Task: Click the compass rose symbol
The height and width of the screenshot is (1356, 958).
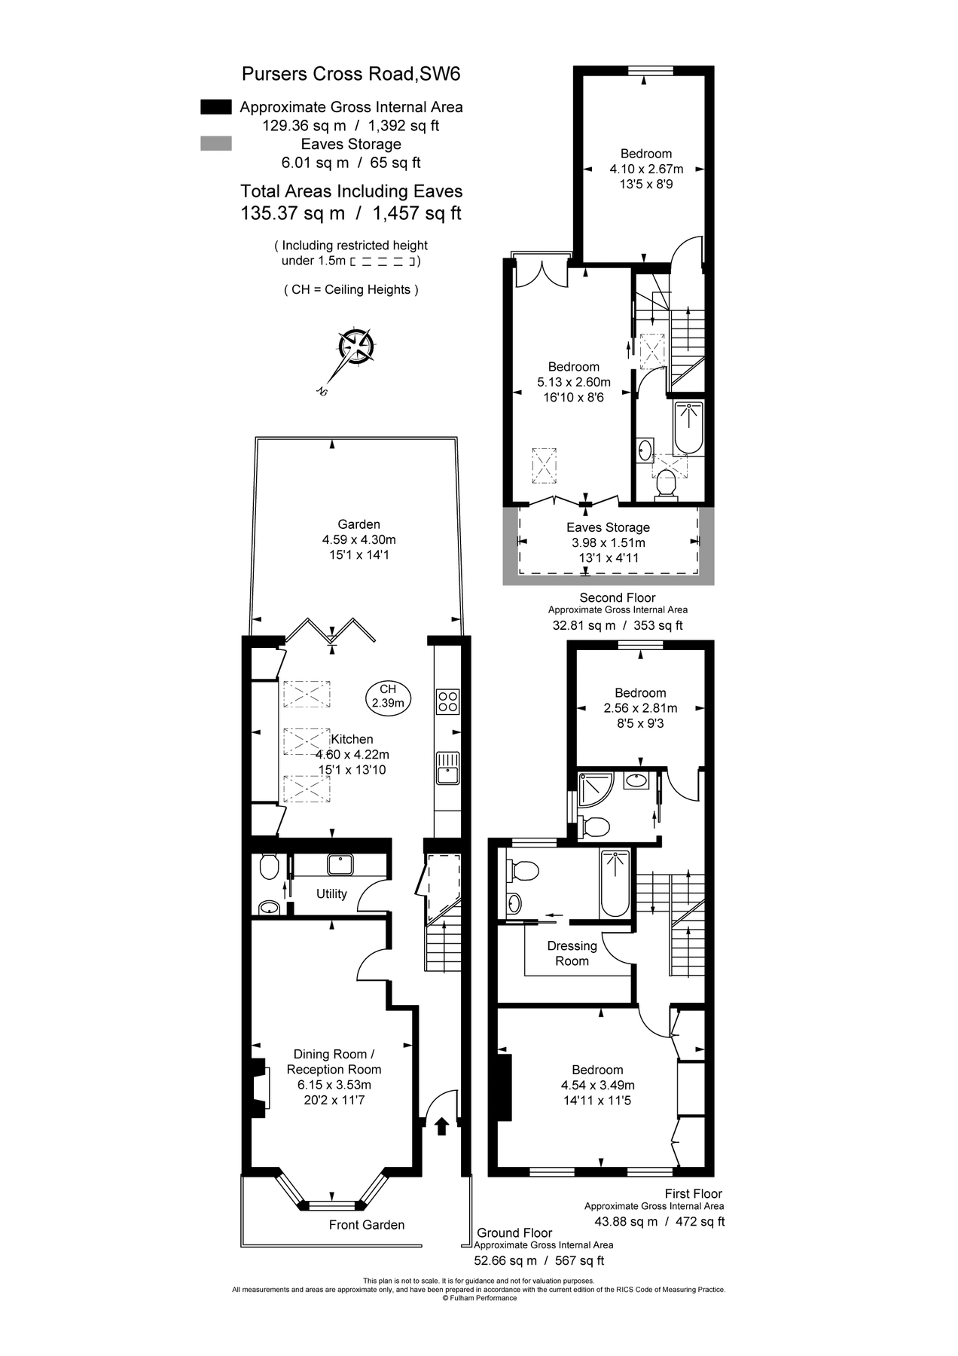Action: point(355,347)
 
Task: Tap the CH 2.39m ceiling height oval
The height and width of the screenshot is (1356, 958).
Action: point(388,696)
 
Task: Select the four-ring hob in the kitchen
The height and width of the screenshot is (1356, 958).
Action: point(448,701)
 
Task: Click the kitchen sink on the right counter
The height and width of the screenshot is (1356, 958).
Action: point(448,768)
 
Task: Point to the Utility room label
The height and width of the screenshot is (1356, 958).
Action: point(331,893)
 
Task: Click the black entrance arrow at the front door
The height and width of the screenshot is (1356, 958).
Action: point(442,1126)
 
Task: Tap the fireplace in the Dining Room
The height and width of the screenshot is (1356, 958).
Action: point(259,1085)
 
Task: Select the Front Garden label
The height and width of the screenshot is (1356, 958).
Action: point(366,1225)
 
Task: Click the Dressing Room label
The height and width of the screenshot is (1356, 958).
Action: point(572,953)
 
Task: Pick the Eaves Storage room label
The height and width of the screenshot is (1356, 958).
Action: point(608,527)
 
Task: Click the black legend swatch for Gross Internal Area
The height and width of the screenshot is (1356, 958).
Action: point(215,107)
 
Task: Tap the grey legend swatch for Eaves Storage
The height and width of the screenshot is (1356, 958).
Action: point(215,144)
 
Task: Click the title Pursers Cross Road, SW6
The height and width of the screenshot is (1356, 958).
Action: point(350,74)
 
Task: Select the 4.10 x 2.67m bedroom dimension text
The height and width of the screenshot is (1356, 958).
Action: point(646,169)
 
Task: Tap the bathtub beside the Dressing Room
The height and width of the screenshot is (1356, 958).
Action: point(615,883)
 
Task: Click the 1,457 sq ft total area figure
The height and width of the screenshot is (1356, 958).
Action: point(416,213)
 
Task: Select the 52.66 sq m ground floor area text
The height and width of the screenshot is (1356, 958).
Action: point(505,1260)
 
